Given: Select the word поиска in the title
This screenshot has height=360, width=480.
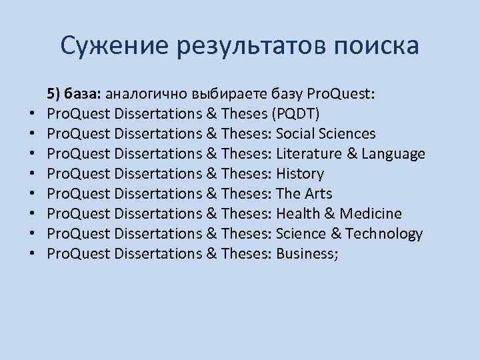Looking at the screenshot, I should coord(376,46).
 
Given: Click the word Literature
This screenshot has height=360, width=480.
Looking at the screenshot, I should coord(307,153).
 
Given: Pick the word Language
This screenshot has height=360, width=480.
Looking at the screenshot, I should coord(391,153).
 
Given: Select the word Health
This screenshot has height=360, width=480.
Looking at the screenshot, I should coord(296,213).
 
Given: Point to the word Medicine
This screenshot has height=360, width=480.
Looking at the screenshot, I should coord(370,213).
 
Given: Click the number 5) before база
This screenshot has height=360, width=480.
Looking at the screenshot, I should coord(53,93).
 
